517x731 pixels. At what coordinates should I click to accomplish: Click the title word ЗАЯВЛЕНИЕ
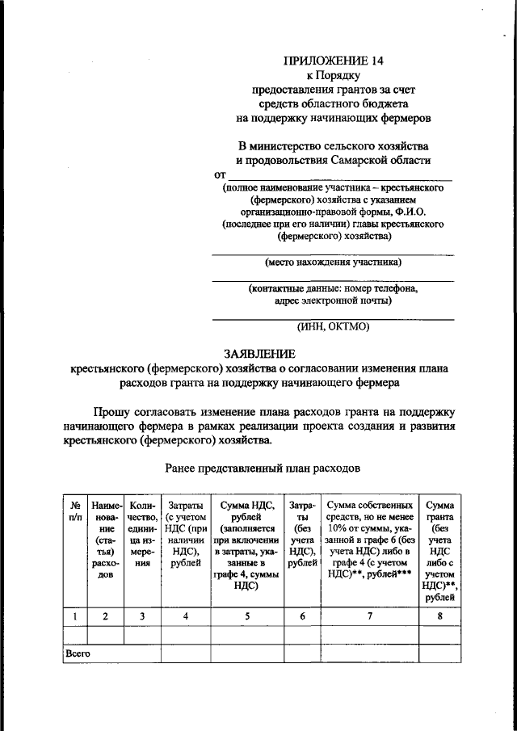click(258, 353)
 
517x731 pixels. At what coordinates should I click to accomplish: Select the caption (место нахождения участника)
click(333, 262)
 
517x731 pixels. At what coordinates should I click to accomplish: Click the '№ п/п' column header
click(74, 510)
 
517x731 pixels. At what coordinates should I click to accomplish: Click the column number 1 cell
click(74, 615)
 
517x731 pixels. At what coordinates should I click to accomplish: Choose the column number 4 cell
click(185, 615)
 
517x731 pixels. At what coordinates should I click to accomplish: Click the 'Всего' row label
click(78, 653)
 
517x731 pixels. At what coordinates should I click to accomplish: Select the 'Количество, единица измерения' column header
click(142, 534)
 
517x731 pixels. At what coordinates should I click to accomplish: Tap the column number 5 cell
click(246, 615)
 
